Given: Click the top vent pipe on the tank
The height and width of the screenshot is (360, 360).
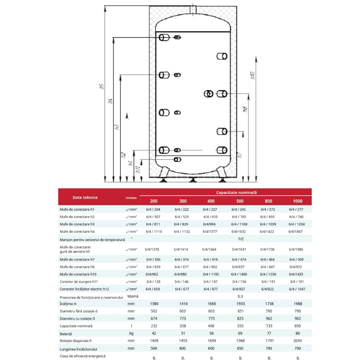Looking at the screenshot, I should tap(193, 9).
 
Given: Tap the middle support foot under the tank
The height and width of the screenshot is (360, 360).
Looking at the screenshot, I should tap(192, 180).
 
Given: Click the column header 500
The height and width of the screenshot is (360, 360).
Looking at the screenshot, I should tap(240, 201).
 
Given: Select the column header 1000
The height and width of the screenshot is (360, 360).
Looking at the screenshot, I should tap(297, 201).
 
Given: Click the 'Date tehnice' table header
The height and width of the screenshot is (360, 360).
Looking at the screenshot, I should tap(85, 197).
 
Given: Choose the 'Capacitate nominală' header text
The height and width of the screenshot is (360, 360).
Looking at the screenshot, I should tap(236, 192).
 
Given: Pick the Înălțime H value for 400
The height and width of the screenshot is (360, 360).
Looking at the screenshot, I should tap(212, 304).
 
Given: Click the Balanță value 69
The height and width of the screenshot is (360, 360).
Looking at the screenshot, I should tap(240, 333).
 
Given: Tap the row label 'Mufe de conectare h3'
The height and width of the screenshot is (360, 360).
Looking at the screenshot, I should tap(77, 224).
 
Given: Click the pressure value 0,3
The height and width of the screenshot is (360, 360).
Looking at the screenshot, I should tap(240, 296).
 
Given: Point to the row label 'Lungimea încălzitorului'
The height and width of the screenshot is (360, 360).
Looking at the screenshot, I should tap(78, 349).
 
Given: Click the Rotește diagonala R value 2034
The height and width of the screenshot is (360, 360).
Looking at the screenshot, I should tap(297, 341).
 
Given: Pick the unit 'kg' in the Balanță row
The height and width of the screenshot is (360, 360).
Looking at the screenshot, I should tap(131, 333).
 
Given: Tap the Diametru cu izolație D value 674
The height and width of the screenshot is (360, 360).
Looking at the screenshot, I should tap(154, 318).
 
